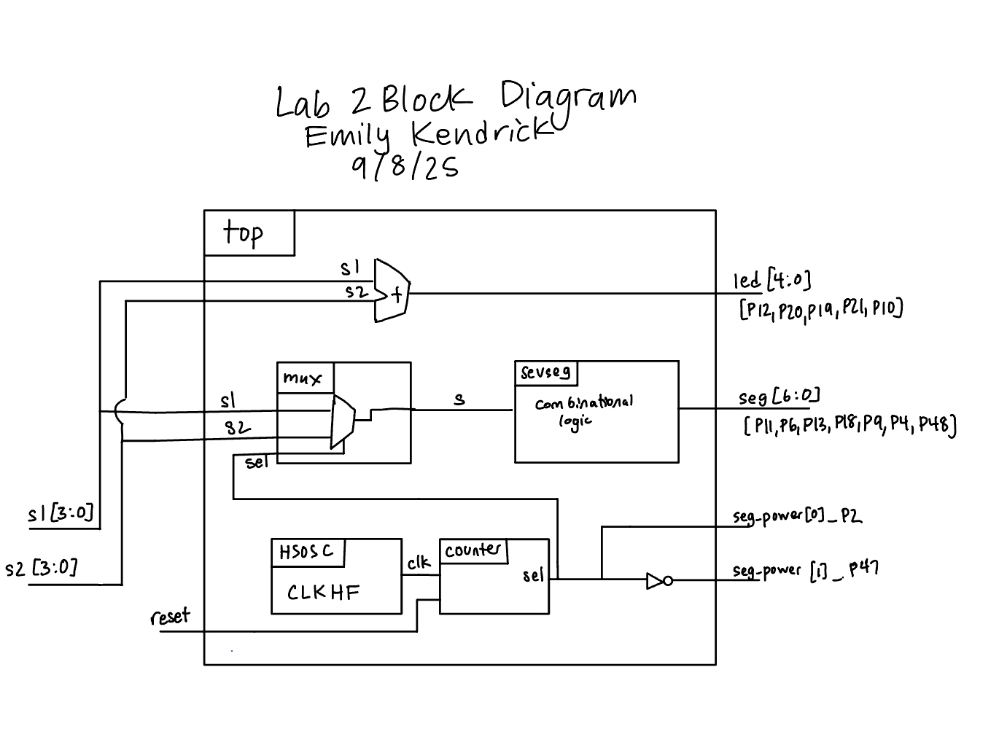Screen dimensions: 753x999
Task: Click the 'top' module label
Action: pos(244,233)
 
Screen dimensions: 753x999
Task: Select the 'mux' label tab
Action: pos(302,378)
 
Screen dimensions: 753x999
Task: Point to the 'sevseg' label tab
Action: pos(545,372)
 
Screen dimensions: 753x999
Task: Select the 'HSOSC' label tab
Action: pos(306,552)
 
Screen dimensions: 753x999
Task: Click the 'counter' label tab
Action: pos(473,550)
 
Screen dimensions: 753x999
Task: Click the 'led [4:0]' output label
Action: pos(771,281)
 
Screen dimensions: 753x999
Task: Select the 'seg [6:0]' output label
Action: pos(778,397)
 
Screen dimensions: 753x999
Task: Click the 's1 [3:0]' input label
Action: pos(61,513)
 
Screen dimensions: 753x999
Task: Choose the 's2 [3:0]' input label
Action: pos(41,567)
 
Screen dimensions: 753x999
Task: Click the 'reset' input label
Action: pos(170,617)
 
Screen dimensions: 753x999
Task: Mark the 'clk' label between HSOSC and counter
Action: pos(419,562)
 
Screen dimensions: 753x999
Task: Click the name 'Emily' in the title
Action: pos(347,136)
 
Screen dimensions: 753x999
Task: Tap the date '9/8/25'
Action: pos(405,167)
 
